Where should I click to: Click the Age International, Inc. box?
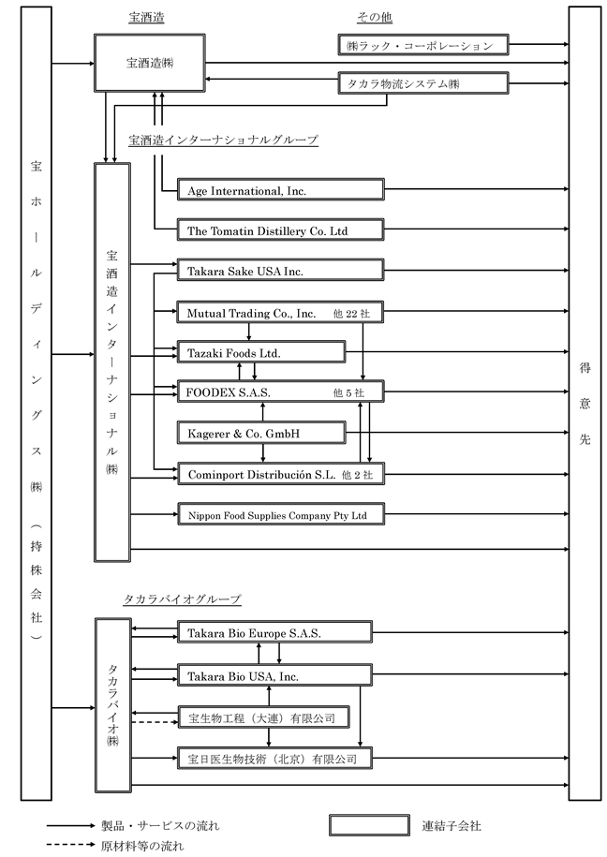click(x=280, y=189)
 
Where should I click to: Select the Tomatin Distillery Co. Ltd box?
click(x=280, y=229)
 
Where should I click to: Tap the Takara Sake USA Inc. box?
click(x=280, y=270)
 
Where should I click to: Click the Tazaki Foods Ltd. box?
click(x=261, y=352)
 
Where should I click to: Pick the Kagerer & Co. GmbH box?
click(x=261, y=433)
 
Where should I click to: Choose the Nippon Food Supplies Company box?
click(x=280, y=514)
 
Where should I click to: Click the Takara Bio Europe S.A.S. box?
click(x=274, y=632)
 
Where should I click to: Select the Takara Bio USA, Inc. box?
click(x=274, y=675)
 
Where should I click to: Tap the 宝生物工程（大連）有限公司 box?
click(x=263, y=717)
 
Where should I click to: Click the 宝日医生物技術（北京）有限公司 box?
click(x=274, y=758)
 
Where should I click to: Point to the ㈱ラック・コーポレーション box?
click(x=423, y=45)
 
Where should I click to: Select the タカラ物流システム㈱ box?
click(x=423, y=83)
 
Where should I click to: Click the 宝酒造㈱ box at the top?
click(x=150, y=63)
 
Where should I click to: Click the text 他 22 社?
click(x=351, y=314)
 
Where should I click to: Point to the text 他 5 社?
click(x=348, y=393)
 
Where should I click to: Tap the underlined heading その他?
click(x=375, y=18)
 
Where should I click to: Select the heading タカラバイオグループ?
click(x=182, y=599)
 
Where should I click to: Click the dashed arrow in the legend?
click(x=71, y=845)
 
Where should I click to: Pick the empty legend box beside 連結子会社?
click(x=369, y=825)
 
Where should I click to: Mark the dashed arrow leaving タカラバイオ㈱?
click(x=155, y=722)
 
